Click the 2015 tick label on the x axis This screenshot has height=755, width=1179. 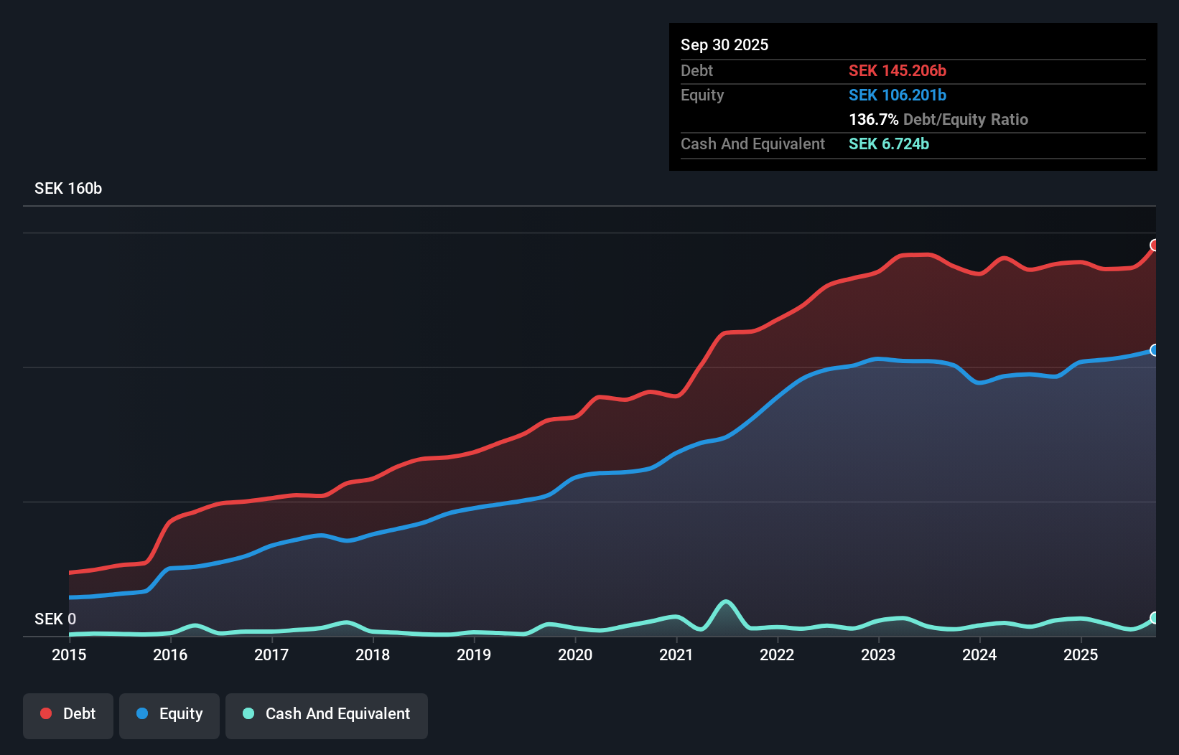coord(69,655)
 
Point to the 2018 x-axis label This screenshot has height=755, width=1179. coord(373,655)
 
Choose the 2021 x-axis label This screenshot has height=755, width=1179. coord(676,655)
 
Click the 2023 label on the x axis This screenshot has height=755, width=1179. coord(878,655)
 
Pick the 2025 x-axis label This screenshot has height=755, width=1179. coord(1081,655)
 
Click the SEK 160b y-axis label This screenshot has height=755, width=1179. coord(68,189)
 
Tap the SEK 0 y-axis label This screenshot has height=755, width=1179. coord(55,619)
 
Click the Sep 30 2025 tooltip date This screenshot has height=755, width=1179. coord(724,45)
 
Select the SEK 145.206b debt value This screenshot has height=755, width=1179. coord(897,71)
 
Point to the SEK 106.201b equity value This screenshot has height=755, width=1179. coord(897,95)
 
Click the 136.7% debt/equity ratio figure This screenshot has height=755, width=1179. coord(873,120)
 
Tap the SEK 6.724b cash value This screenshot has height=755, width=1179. coord(888,144)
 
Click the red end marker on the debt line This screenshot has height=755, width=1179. coord(1155,245)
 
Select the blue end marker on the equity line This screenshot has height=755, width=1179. coord(1155,350)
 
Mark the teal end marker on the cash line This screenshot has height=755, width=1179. coord(1155,618)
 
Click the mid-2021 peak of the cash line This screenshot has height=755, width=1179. coord(726,601)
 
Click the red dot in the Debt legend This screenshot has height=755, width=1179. coord(46,713)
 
